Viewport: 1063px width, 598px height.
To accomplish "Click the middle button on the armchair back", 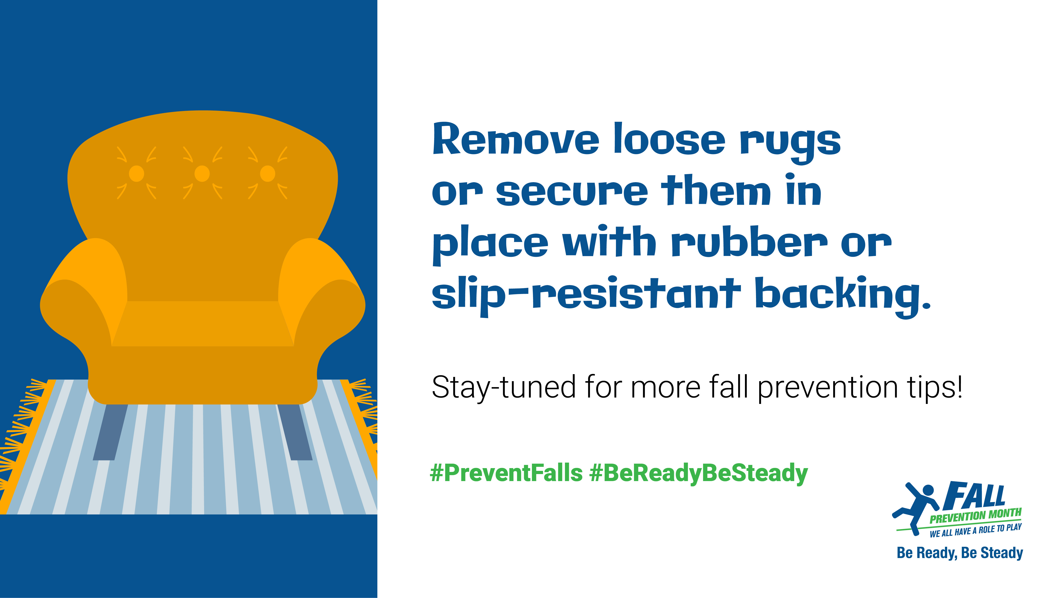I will click(x=202, y=174).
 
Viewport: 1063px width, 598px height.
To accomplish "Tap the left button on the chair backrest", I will click(x=136, y=174).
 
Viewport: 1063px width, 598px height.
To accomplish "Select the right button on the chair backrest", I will click(x=267, y=174).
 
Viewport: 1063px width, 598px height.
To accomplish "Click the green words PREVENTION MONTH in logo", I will click(x=975, y=516).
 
